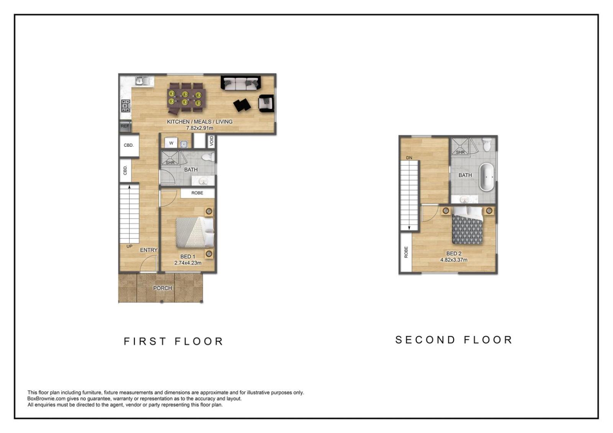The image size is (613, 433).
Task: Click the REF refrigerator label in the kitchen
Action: point(125,126)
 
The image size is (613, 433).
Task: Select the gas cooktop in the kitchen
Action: point(126,106)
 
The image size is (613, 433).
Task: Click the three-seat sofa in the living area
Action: point(241,83)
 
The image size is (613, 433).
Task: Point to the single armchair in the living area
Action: point(266,103)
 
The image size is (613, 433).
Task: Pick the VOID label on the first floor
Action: point(211,141)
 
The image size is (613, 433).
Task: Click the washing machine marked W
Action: point(171,143)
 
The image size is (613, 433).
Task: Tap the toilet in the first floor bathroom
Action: point(208,157)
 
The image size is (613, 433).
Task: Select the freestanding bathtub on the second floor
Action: point(486,177)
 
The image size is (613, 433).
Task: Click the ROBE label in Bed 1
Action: point(197,193)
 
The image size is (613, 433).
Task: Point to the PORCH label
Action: point(162,288)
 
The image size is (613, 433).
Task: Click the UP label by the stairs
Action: point(129,246)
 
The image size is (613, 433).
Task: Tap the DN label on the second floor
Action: point(409,158)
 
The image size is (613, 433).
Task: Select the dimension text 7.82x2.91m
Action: point(200,128)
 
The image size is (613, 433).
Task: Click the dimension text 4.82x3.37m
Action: point(454,260)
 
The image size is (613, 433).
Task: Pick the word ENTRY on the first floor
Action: point(149,250)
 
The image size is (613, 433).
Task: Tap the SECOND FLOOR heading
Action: point(454,340)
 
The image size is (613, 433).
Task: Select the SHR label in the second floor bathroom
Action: point(460,152)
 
